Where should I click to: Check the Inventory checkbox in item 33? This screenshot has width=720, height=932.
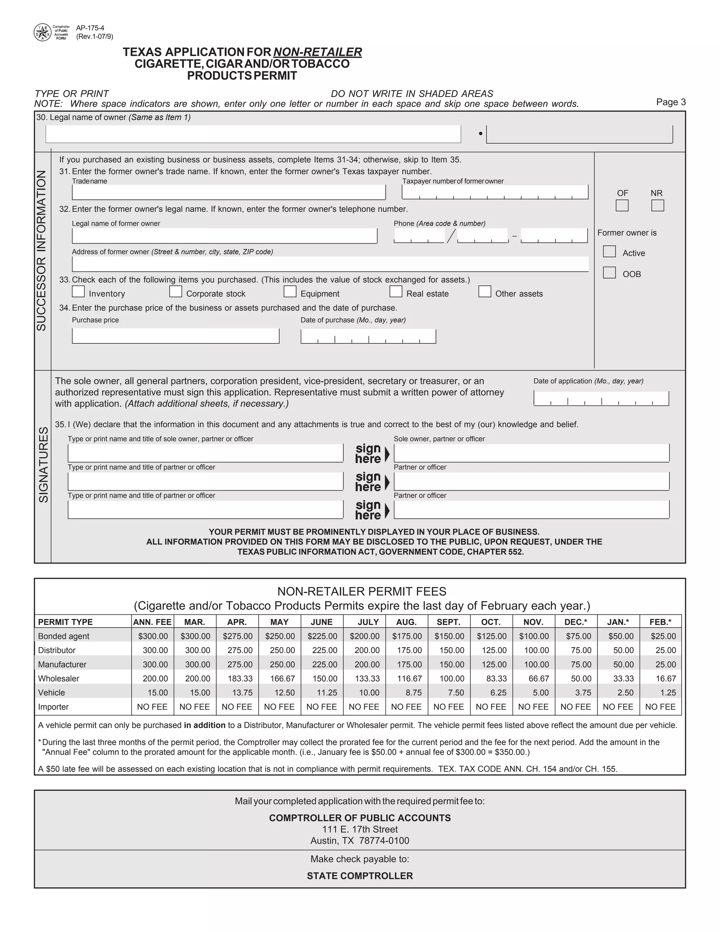78,292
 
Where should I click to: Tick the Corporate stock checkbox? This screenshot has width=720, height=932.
175,292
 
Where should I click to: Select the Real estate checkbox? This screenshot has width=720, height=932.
396,292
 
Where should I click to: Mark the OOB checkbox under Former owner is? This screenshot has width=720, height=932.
609,273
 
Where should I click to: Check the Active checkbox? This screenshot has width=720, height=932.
609,251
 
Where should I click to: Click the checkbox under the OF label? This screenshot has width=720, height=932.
622,206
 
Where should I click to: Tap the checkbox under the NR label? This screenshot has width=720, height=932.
657,206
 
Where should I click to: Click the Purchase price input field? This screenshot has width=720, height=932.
175,336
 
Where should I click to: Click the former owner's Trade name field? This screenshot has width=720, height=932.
229,192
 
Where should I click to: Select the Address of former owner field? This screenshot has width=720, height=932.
330,264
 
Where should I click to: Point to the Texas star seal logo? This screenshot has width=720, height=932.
42,32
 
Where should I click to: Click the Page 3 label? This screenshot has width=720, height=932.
670,102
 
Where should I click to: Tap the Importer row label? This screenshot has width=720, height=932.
53,707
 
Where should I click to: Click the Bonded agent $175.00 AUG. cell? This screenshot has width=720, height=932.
406,636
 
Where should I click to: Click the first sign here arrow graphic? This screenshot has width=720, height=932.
386,454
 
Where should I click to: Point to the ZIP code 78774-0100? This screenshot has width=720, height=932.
384,841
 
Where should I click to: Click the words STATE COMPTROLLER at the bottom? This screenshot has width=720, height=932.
360,876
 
